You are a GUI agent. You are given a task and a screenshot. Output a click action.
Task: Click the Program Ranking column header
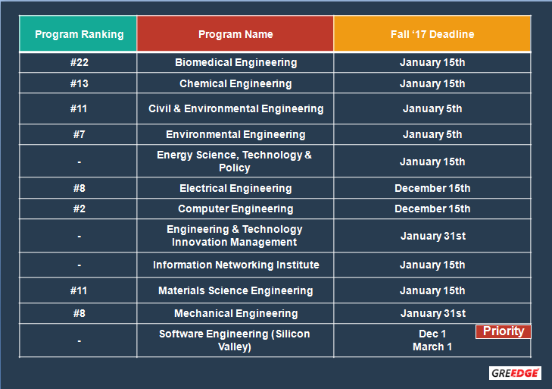click(x=80, y=34)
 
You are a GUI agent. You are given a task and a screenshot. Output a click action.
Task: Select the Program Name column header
click(x=235, y=34)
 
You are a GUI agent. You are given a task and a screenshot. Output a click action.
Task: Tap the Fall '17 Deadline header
click(x=432, y=34)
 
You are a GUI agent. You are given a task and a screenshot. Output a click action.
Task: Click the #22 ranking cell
click(x=80, y=62)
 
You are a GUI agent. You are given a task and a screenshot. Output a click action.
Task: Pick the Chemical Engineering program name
click(x=235, y=83)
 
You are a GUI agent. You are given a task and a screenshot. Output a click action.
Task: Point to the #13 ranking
click(x=80, y=83)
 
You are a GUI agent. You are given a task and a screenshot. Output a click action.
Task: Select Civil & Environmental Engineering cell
click(x=235, y=108)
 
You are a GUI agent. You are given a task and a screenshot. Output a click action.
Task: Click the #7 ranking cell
click(x=80, y=134)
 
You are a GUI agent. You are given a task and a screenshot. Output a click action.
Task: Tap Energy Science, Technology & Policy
click(x=235, y=162)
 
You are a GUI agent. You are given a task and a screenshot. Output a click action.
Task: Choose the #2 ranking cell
click(x=80, y=209)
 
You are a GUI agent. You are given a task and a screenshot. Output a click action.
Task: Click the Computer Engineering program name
click(x=235, y=209)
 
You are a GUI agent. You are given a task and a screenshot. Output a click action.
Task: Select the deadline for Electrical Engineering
click(x=432, y=188)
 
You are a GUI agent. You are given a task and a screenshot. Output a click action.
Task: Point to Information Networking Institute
click(x=235, y=265)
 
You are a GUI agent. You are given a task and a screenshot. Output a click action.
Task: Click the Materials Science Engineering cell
click(x=235, y=290)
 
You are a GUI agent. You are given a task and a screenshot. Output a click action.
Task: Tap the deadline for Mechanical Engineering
click(x=433, y=313)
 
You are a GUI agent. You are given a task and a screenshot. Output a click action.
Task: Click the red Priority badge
click(x=504, y=331)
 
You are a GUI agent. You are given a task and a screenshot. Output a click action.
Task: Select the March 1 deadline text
click(x=432, y=347)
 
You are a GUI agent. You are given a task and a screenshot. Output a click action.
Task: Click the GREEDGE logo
click(x=515, y=373)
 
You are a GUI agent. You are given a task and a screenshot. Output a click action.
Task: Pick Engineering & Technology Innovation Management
click(x=235, y=236)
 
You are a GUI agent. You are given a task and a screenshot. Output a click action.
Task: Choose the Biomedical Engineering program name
click(x=235, y=62)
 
